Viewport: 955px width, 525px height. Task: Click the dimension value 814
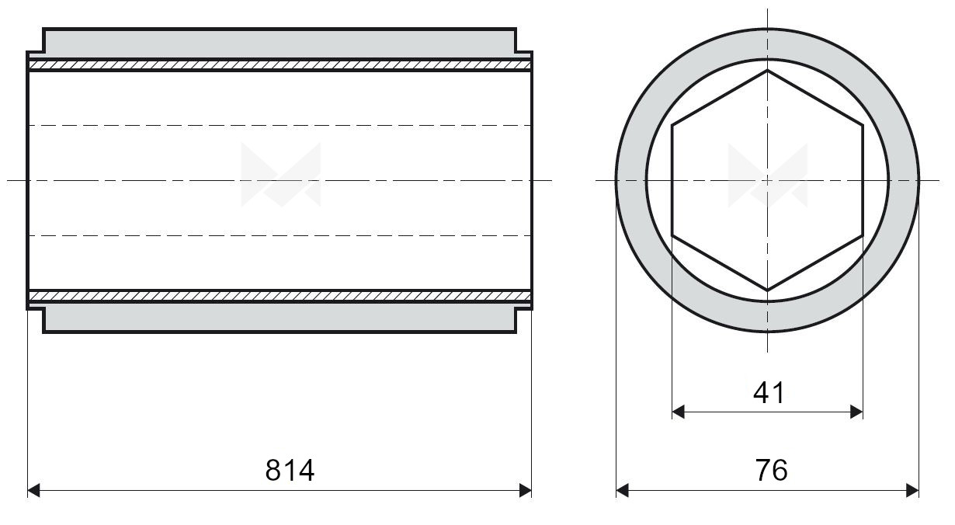coord(290,471)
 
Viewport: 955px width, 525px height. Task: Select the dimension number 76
coord(771,471)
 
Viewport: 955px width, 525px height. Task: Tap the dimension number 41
coord(768,393)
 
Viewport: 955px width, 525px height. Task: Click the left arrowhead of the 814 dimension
coord(33,491)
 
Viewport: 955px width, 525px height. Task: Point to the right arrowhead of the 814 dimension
coord(525,491)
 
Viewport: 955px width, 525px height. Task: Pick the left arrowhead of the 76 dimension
coord(623,491)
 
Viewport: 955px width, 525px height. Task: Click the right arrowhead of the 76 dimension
coord(912,491)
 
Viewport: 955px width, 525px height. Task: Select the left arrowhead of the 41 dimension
coord(679,412)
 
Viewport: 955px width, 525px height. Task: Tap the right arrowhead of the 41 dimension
coord(856,412)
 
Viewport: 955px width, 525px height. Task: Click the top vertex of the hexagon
coord(767,71)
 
